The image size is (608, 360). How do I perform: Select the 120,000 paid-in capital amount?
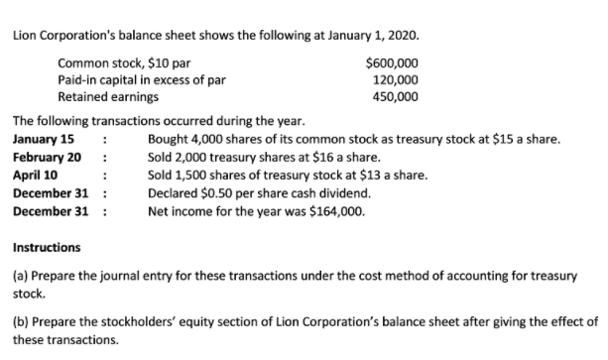pyautogui.click(x=395, y=79)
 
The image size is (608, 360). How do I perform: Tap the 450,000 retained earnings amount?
pyautogui.click(x=395, y=96)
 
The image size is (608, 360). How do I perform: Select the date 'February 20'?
pyautogui.click(x=47, y=157)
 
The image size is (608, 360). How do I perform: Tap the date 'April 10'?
pyautogui.click(x=34, y=175)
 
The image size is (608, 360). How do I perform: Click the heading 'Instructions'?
pyautogui.click(x=47, y=247)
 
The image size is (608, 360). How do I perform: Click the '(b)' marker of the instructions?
pyautogui.click(x=19, y=322)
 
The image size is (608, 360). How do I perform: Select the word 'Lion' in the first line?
pyautogui.click(x=24, y=35)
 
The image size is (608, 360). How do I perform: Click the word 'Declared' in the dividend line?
pyautogui.click(x=171, y=192)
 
